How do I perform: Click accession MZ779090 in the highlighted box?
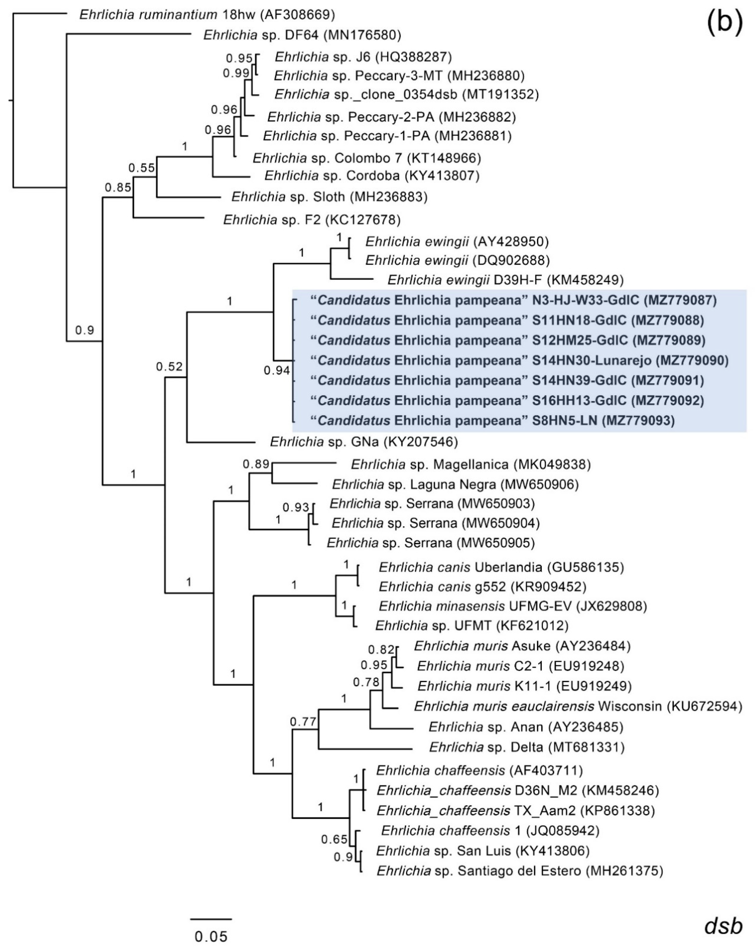[x=692, y=361]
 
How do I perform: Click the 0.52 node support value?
[x=169, y=367]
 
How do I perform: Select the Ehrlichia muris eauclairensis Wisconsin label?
[x=578, y=706]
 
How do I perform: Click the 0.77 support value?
[x=303, y=722]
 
